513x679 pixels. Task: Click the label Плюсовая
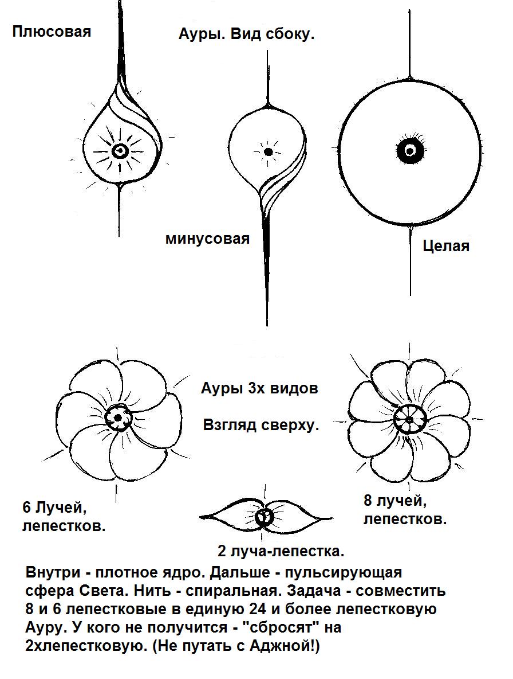52,32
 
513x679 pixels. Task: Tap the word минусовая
207,239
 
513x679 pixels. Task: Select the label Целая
445,246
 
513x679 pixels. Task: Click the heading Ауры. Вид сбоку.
246,34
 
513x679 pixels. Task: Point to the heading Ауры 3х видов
259,388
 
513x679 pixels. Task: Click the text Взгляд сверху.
261,426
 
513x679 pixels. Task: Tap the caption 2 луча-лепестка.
281,551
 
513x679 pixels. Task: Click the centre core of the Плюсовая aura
119,151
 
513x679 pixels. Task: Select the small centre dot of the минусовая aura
268,152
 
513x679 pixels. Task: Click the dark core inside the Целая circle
409,150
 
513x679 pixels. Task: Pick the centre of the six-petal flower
118,417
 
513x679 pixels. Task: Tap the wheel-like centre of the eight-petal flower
410,419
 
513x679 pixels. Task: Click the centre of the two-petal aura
263,517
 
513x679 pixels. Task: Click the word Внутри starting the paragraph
53,572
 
